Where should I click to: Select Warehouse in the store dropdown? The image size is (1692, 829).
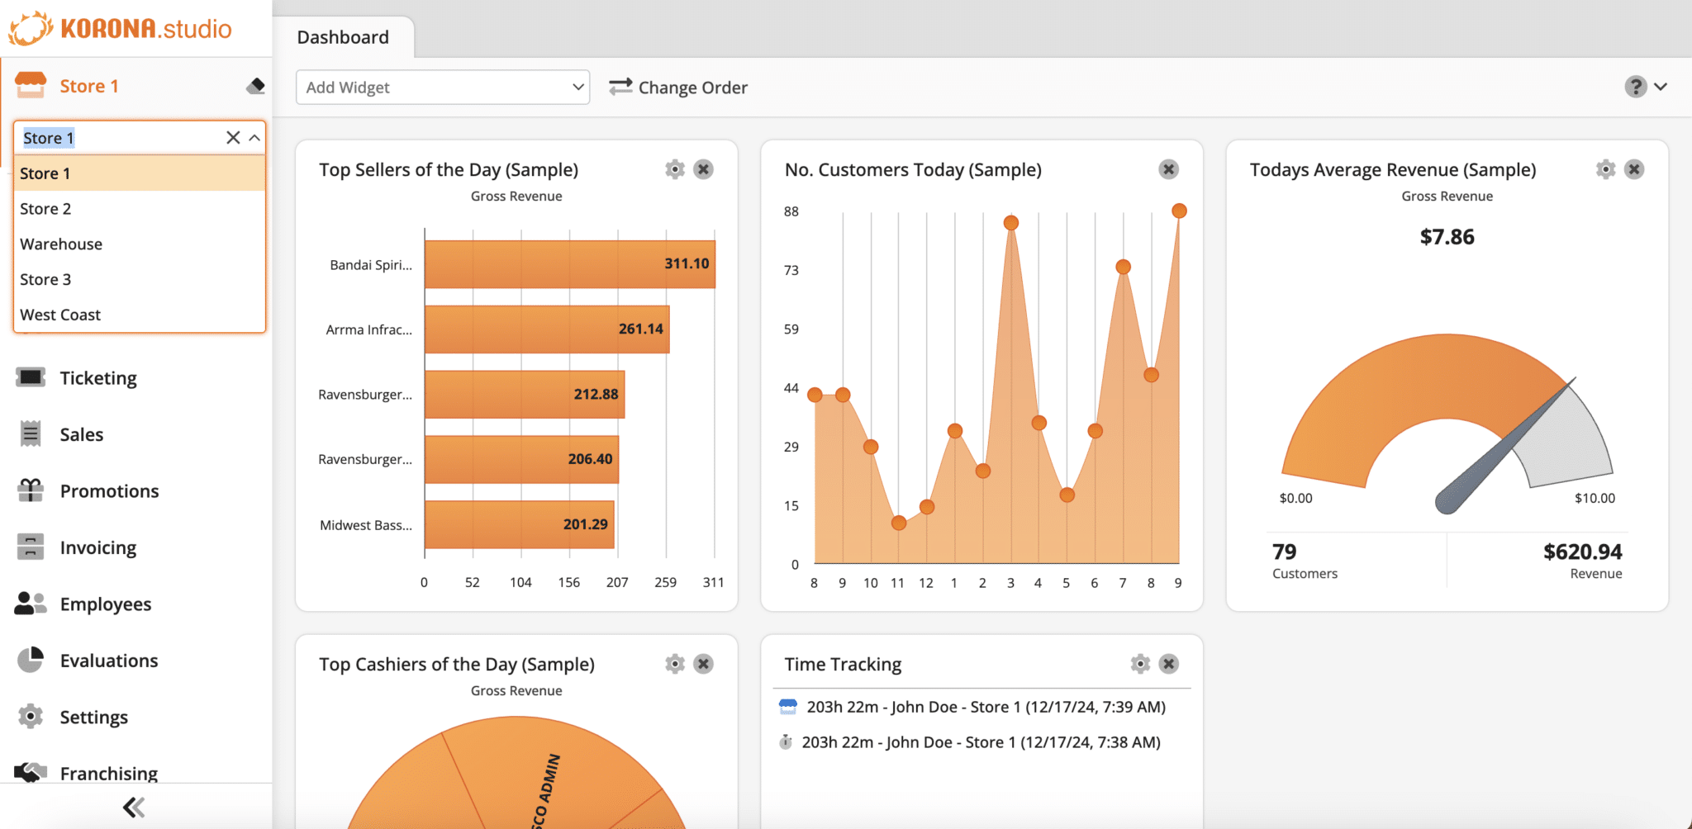[x=61, y=244]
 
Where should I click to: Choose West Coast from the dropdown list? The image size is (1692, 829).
[x=60, y=315]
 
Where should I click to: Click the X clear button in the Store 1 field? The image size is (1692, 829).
[x=233, y=138]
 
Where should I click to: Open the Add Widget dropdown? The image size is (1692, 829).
[x=443, y=88]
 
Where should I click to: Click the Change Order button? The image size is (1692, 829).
[x=678, y=88]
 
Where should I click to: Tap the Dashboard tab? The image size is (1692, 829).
[x=343, y=37]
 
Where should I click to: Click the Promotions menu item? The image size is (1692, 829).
[x=109, y=491]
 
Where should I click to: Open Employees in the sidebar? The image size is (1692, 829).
[x=105, y=604]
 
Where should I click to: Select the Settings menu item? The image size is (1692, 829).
[x=93, y=718]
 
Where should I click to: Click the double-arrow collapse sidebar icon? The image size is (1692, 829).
[x=134, y=807]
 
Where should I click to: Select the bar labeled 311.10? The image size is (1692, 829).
[x=569, y=264]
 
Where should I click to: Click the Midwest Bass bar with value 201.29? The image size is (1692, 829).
[x=519, y=524]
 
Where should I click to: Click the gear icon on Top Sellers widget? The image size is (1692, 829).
[x=675, y=169]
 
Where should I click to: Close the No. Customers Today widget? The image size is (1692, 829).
[x=1168, y=169]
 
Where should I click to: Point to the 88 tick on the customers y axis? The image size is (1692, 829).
[x=791, y=211]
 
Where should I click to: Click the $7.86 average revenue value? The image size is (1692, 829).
[x=1447, y=237]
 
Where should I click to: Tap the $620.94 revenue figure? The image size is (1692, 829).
[x=1582, y=552]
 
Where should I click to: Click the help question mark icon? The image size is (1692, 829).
[x=1635, y=87]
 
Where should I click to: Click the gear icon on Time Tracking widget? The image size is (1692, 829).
[x=1140, y=664]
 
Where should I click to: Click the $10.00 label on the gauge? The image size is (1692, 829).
[x=1594, y=498]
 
